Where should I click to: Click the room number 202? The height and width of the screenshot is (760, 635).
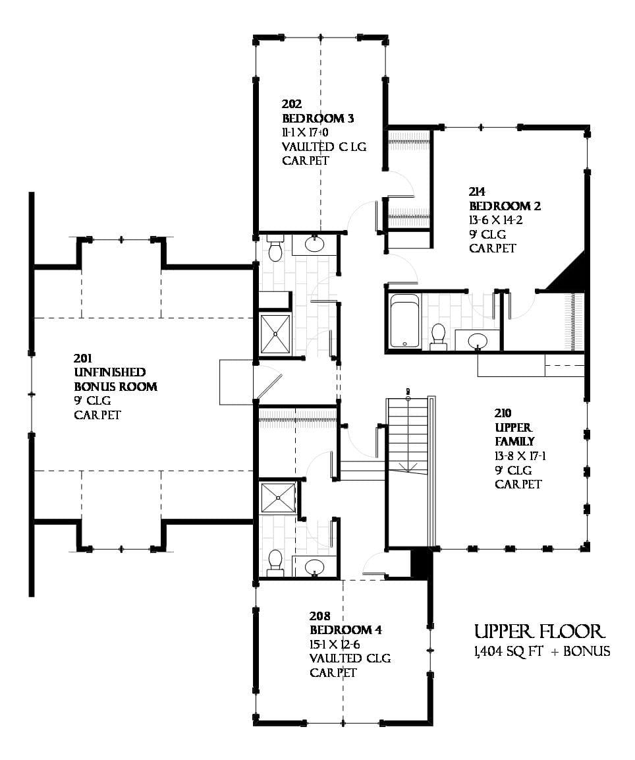(292, 104)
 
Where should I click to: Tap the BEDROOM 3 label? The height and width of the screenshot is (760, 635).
(317, 118)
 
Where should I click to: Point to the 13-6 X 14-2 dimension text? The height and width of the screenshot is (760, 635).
(495, 221)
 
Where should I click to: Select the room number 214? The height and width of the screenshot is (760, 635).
(477, 192)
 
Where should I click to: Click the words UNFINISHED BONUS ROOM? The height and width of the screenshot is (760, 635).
(115, 380)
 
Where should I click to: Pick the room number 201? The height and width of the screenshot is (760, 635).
(82, 359)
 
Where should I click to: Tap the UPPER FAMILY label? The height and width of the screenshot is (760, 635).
(514, 434)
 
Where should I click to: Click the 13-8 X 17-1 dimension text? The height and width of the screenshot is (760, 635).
(520, 456)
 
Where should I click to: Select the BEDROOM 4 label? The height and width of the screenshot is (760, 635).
(346, 630)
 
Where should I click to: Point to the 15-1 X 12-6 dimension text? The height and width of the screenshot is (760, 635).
(334, 645)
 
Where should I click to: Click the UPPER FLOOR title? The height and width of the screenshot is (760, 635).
(539, 631)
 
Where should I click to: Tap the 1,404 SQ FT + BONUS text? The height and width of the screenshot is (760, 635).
(542, 652)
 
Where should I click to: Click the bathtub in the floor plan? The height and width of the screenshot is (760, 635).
(404, 320)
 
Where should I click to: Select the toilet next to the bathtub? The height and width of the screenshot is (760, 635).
(438, 336)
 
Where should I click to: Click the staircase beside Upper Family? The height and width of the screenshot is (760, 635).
(408, 434)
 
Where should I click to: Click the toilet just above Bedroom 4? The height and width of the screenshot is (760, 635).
(275, 563)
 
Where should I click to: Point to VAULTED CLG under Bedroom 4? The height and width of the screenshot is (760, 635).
(350, 658)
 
